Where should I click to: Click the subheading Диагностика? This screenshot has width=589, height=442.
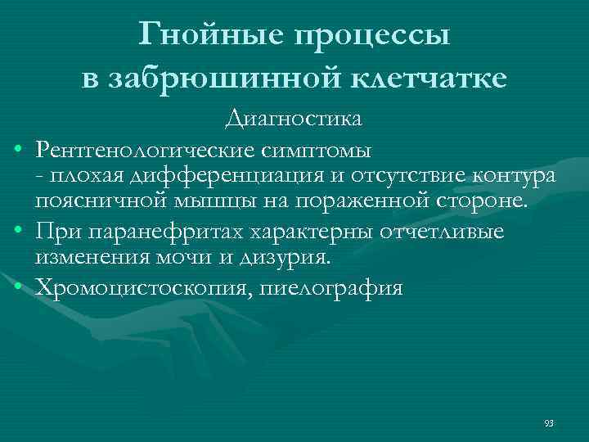(x=294, y=120)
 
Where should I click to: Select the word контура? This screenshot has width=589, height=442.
(x=510, y=177)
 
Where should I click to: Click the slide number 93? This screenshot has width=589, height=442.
(x=548, y=423)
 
